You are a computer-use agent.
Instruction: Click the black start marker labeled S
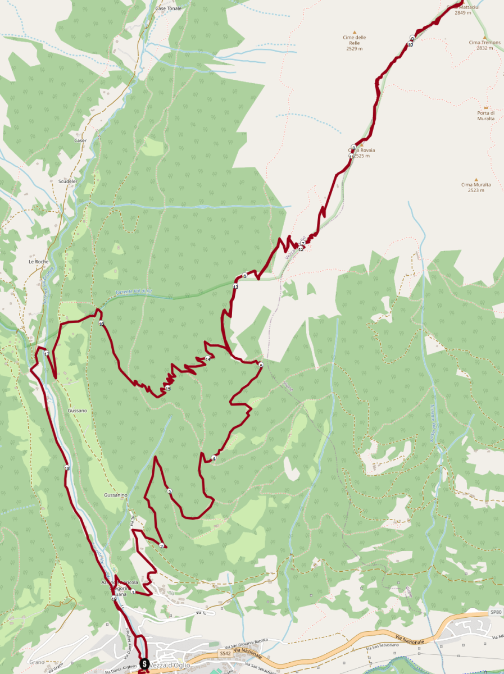144,664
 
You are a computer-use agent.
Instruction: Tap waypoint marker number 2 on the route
162,546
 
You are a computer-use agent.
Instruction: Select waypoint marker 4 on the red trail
214,459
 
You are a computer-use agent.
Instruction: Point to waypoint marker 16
101,324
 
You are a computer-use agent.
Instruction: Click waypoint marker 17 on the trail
47,354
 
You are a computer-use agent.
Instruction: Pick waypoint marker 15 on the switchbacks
167,389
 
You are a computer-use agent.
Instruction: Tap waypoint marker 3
169,492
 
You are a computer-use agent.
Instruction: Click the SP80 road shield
494,611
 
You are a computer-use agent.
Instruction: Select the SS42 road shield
225,654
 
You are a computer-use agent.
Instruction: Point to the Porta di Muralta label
486,116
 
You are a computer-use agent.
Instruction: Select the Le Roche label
39,262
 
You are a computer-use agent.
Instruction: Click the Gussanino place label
116,495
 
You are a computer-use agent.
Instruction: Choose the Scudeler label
67,181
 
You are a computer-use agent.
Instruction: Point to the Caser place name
80,140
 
